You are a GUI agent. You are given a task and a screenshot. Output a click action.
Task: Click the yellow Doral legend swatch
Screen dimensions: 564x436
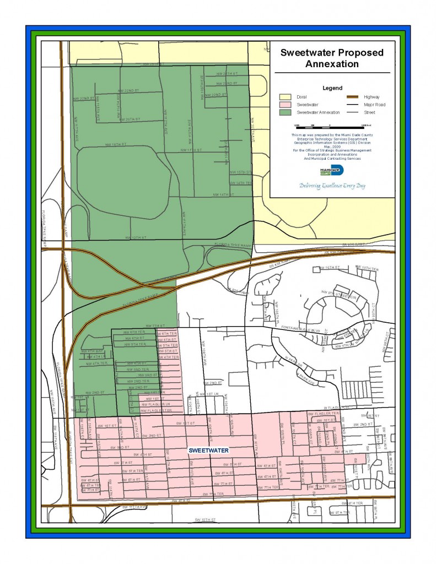(284, 97)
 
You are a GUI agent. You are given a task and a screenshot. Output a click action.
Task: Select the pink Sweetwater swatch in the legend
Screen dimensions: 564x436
(284, 104)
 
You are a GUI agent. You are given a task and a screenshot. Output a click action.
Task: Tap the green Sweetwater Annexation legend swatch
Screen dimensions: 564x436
(284, 112)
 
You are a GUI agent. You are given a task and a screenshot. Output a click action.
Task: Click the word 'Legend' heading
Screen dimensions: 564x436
(332, 88)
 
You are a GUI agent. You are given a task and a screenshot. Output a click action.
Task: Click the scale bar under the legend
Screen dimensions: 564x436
(330, 127)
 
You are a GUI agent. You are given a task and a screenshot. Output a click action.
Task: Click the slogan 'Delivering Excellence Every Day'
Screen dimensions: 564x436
(332, 186)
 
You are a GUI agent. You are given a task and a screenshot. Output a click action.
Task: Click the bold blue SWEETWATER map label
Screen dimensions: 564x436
(208, 450)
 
